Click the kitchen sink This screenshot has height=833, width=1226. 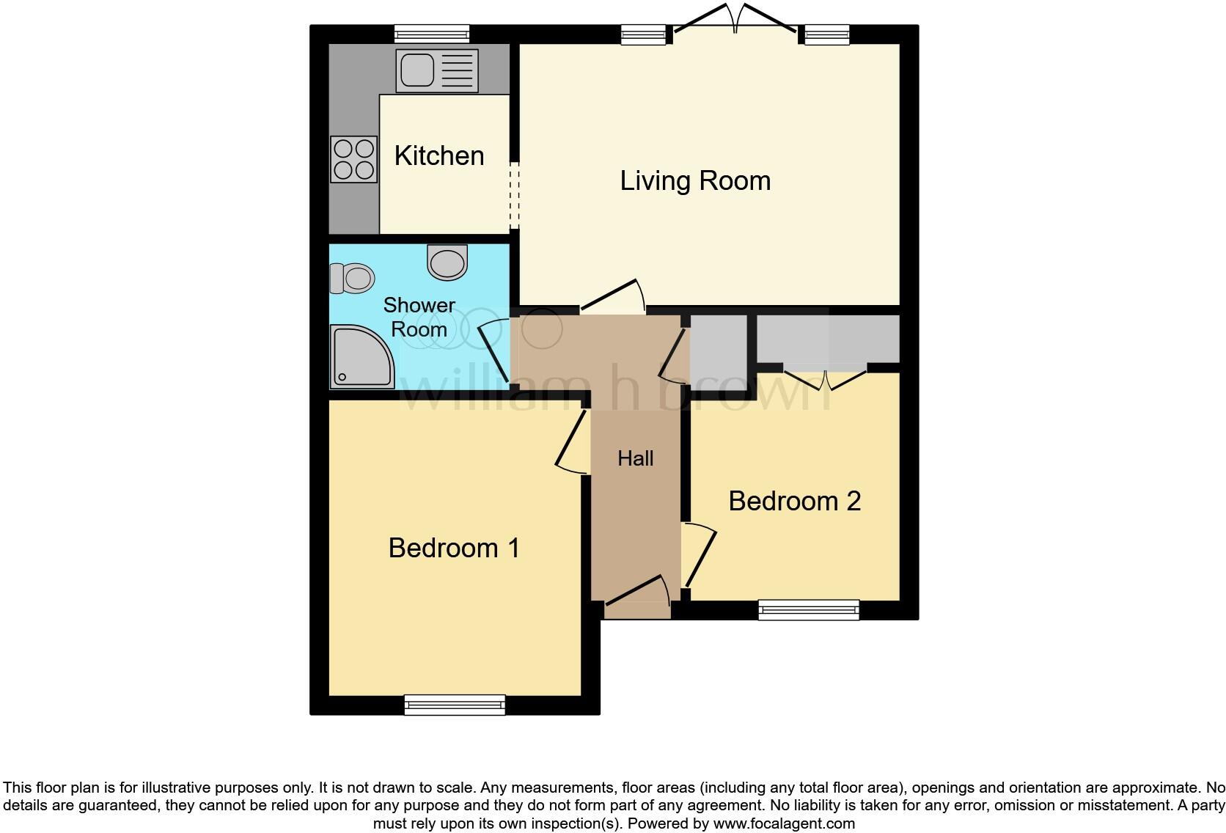[436, 70]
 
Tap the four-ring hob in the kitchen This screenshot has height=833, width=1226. [353, 159]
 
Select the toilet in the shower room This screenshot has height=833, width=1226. [353, 279]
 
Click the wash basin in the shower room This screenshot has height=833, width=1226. [447, 262]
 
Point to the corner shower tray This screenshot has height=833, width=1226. [361, 358]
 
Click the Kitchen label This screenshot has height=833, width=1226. [439, 155]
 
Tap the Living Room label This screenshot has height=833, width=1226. [695, 180]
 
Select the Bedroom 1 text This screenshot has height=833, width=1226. [454, 548]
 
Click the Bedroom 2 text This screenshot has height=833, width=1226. [794, 501]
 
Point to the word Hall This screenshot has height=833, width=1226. [635, 458]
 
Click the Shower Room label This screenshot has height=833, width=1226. [419, 317]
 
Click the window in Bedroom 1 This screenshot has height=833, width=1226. [455, 705]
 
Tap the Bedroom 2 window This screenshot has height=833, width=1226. [808, 609]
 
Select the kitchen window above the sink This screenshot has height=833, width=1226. [431, 34]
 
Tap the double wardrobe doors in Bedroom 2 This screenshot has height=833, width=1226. [825, 378]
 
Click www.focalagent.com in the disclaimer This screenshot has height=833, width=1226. [784, 823]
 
